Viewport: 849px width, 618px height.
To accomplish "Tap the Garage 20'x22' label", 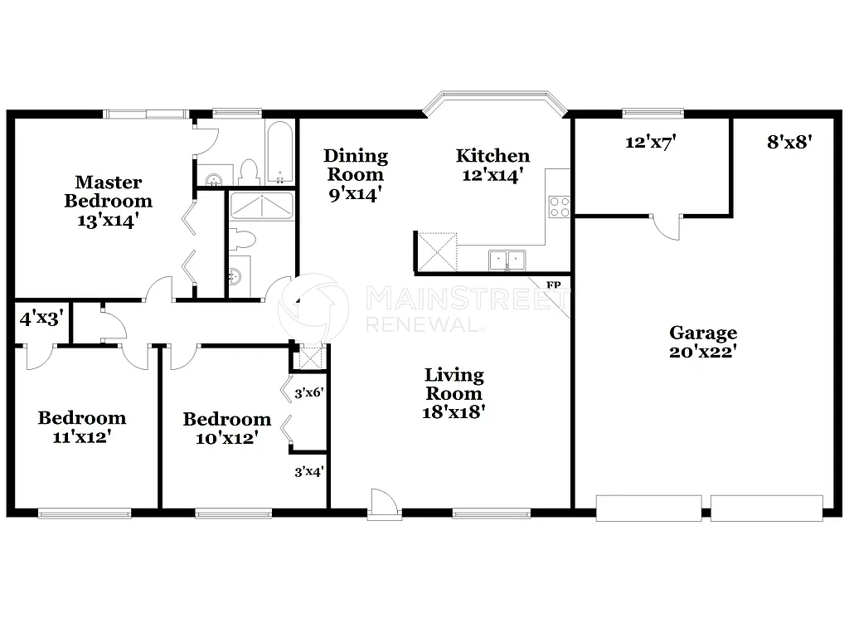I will pos(703,342).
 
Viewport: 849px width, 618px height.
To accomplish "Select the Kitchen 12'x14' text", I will pos(492,165).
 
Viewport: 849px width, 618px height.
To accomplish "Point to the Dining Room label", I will pos(355,174).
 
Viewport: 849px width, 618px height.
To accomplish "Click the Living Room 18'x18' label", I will pos(454,393).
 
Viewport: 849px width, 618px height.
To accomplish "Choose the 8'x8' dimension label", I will pos(788,142).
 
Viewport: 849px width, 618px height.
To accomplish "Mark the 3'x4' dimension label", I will pos(308,472).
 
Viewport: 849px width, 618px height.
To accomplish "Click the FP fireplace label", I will pos(554,285).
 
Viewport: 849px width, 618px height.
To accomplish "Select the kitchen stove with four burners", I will pos(559,207).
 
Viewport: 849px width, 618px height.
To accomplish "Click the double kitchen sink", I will pos(507,260).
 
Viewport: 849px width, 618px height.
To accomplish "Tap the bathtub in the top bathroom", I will pos(280,154).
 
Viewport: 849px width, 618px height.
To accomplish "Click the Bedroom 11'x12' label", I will pos(81,427).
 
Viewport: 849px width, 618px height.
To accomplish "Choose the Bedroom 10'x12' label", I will pos(226,429).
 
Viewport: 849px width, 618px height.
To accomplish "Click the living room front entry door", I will pos(383,502).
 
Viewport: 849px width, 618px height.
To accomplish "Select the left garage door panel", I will pos(648,508).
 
